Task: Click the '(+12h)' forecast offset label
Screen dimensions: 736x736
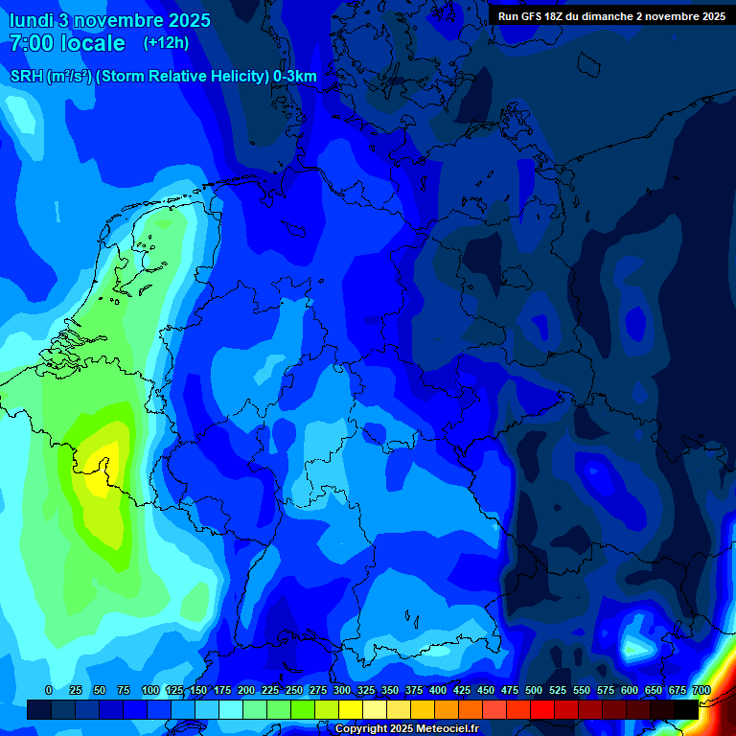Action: [x=166, y=43]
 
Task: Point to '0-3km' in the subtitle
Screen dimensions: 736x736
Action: [x=295, y=77]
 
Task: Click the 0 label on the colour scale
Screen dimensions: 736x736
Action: [x=49, y=691]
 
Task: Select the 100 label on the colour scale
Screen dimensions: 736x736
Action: [x=149, y=691]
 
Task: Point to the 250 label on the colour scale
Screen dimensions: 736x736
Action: [x=293, y=691]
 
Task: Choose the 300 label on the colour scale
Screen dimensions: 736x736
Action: [x=341, y=691]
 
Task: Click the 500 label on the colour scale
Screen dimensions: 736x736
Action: [x=533, y=691]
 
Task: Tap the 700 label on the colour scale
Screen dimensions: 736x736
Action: [x=701, y=691]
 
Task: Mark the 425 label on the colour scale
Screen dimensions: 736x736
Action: [x=461, y=691]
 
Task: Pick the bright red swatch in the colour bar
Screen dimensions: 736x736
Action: [x=542, y=709]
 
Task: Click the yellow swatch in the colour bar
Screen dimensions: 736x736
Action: [x=351, y=709]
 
